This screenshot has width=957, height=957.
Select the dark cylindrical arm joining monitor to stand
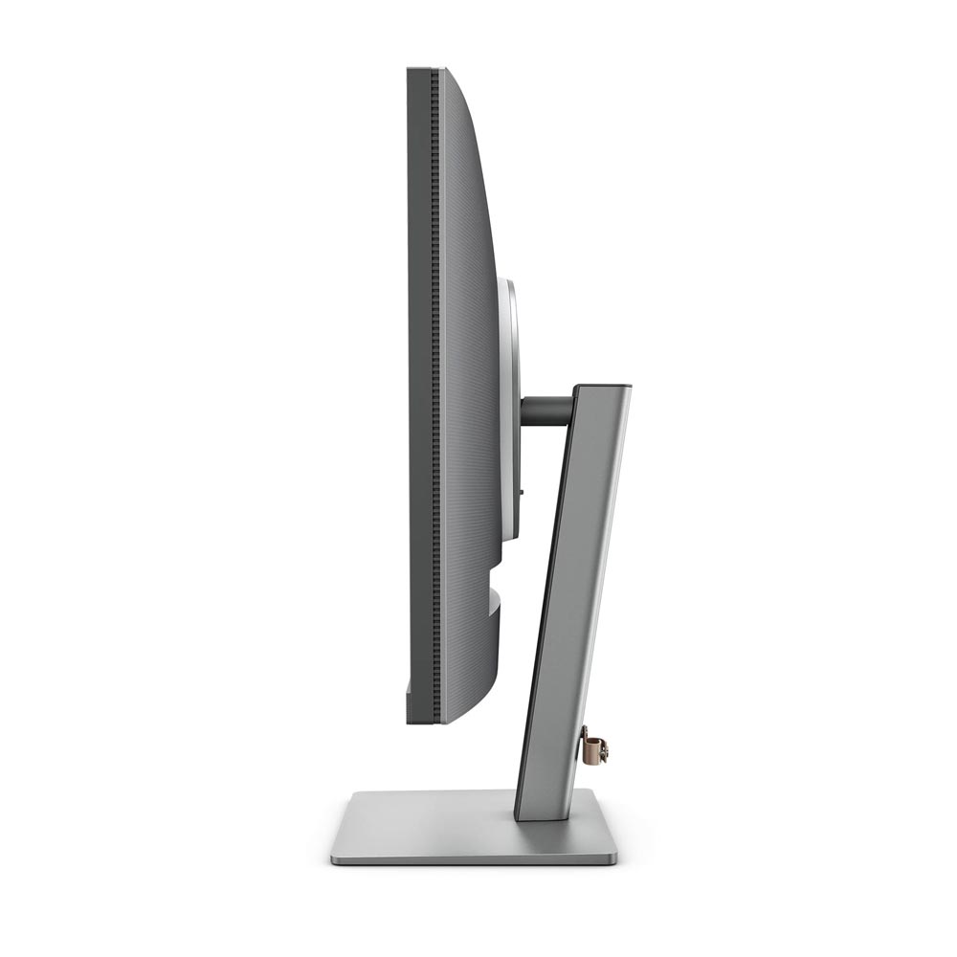(x=546, y=411)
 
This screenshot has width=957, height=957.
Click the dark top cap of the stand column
(x=602, y=387)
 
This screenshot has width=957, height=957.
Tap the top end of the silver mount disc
(x=507, y=282)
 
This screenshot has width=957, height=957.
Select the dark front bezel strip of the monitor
(x=418, y=383)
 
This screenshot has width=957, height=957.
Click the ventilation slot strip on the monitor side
(x=435, y=383)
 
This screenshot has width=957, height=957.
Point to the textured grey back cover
(x=469, y=383)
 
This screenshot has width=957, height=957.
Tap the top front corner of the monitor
(x=410, y=70)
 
